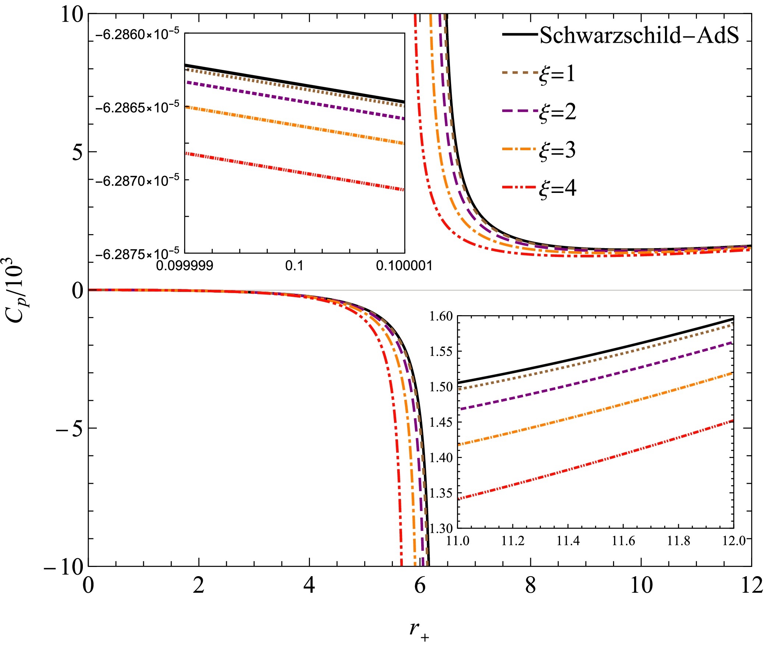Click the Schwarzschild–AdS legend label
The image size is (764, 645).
coord(639,36)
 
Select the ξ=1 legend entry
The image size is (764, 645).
coord(556,74)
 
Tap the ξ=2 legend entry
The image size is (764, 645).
coord(557,112)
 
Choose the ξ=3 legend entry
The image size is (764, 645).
coord(557,151)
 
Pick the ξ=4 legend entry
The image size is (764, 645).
coord(557,189)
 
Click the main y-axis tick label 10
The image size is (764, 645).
coord(72,15)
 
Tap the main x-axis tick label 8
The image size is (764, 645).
coord(530,585)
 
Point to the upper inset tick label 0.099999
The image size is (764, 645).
coord(184,265)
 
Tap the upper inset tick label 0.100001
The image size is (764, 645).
coord(404,265)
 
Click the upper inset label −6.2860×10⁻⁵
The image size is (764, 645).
coord(137,35)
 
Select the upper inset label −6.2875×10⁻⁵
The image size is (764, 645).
coord(137,254)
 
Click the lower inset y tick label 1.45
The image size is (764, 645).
coord(441,422)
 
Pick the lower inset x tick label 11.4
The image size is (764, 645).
coord(568,541)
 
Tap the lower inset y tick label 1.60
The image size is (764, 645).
coord(441,316)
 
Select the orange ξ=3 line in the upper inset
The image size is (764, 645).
coord(295,126)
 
